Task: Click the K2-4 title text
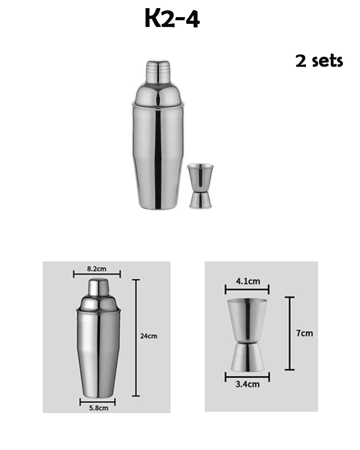(x=172, y=19)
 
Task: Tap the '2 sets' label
(x=319, y=60)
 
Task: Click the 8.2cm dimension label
(x=97, y=269)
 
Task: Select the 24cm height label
(x=148, y=336)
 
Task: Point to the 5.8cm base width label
(x=98, y=408)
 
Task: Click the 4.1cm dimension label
(x=247, y=282)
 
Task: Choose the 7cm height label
(x=304, y=333)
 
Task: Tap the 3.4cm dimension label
(x=248, y=384)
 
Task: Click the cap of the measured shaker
(x=99, y=287)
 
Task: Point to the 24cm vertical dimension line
(x=135, y=337)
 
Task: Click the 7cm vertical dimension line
(x=289, y=333)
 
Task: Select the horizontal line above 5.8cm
(x=98, y=401)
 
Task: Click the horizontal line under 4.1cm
(x=247, y=289)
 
